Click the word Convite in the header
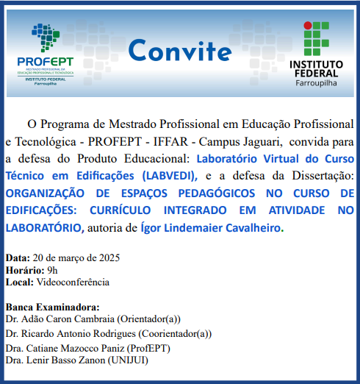point(179,51)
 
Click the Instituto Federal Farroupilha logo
point(316,51)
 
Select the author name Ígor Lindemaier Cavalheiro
point(210,228)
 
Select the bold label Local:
point(18,282)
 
